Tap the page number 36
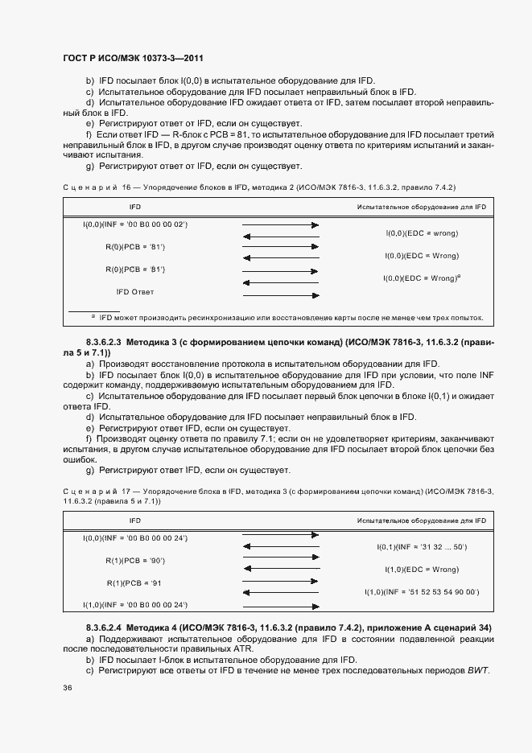(x=68, y=687)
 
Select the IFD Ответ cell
(x=135, y=291)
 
